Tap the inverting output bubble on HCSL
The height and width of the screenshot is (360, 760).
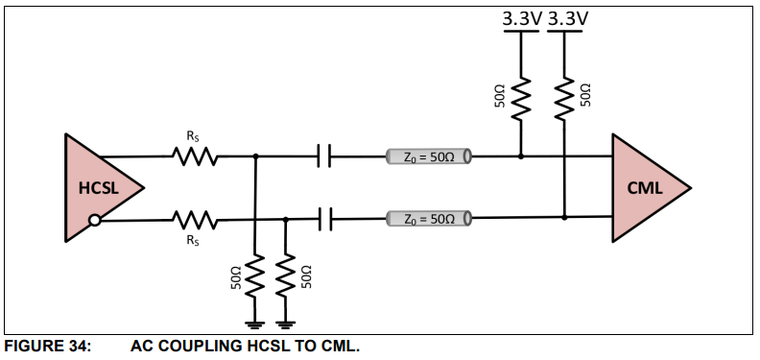click(94, 221)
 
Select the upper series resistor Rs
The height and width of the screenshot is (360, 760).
click(196, 156)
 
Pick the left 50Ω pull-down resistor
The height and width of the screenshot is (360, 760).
click(255, 276)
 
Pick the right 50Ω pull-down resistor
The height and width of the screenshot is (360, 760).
click(286, 276)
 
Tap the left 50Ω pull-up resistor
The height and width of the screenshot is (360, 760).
click(521, 95)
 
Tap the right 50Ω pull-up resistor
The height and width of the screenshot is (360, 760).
click(564, 95)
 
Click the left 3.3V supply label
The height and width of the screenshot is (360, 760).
click(522, 18)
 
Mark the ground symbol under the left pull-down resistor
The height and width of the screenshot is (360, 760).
click(255, 323)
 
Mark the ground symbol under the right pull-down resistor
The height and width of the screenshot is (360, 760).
click(286, 323)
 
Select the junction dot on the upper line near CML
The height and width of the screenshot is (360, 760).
click(521, 156)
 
